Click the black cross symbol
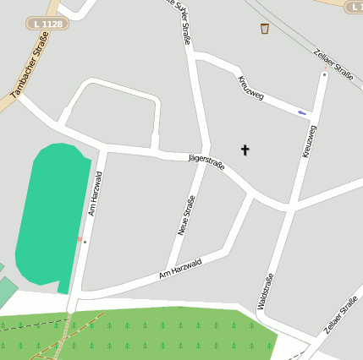246,150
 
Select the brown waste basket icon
265,29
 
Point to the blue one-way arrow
302,112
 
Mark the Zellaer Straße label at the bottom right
341,315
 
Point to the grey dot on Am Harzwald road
85,242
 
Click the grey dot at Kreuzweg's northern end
324,74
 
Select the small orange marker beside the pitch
80,240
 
